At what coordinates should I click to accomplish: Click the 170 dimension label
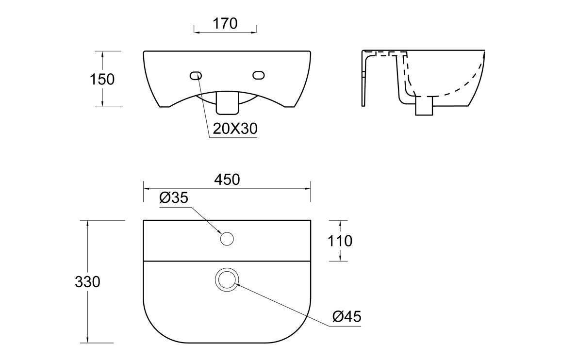(x=225, y=23)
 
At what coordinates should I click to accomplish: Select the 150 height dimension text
(x=102, y=80)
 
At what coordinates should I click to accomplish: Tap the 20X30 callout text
(x=235, y=128)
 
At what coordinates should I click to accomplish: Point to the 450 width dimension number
(x=227, y=180)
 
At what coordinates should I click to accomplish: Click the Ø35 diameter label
(x=174, y=197)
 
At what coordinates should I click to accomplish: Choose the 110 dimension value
(x=340, y=241)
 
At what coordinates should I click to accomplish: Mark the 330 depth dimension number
(x=88, y=282)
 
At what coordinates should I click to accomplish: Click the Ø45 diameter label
(x=347, y=316)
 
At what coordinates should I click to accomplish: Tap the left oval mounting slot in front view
(x=196, y=76)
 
